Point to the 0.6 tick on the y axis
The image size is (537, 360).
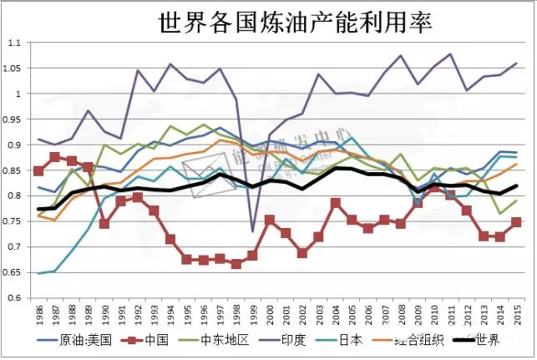click(x=15, y=298)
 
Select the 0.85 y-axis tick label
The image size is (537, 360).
click(x=13, y=170)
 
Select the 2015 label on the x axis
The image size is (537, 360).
click(x=517, y=315)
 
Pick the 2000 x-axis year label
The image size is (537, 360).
click(x=270, y=315)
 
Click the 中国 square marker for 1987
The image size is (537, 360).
click(x=55, y=157)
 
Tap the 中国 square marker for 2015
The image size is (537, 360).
click(x=517, y=222)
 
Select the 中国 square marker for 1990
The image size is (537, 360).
click(x=104, y=224)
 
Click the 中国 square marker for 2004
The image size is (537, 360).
click(x=336, y=203)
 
